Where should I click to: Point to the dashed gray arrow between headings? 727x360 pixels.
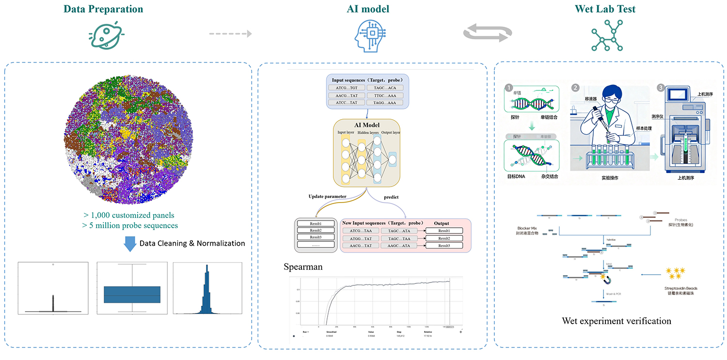pyautogui.click(x=230, y=34)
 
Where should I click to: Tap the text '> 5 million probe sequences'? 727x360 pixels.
pyautogui.click(x=130, y=225)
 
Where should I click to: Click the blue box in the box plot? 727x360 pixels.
pyautogui.click(x=132, y=295)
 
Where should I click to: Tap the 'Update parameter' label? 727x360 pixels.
pyautogui.click(x=328, y=197)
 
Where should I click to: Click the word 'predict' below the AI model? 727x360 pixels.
pyautogui.click(x=391, y=197)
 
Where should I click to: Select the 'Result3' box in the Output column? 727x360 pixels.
pyautogui.click(x=443, y=246)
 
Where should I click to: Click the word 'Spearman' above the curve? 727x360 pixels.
pyautogui.click(x=303, y=267)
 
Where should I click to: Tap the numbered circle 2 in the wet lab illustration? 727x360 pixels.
pyautogui.click(x=575, y=88)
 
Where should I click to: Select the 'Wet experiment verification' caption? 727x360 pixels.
pyautogui.click(x=616, y=321)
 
